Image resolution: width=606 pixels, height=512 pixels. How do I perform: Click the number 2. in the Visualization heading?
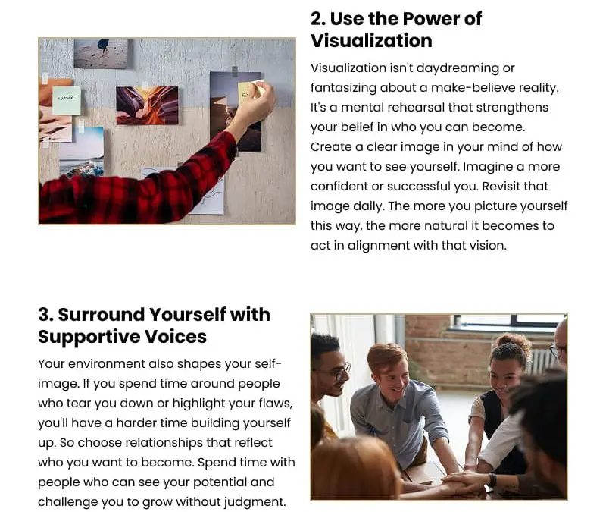click(x=318, y=19)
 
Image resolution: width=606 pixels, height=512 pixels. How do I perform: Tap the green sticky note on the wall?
click(x=66, y=100)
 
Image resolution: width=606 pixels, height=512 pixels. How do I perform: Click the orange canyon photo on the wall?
click(x=147, y=105)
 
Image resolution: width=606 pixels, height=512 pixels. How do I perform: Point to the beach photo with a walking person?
click(x=101, y=53)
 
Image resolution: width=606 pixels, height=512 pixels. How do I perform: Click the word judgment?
click(x=251, y=502)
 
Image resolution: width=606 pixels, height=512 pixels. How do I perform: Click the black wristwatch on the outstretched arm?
click(x=492, y=479)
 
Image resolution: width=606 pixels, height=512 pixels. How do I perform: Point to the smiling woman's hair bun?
click(x=511, y=342)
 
